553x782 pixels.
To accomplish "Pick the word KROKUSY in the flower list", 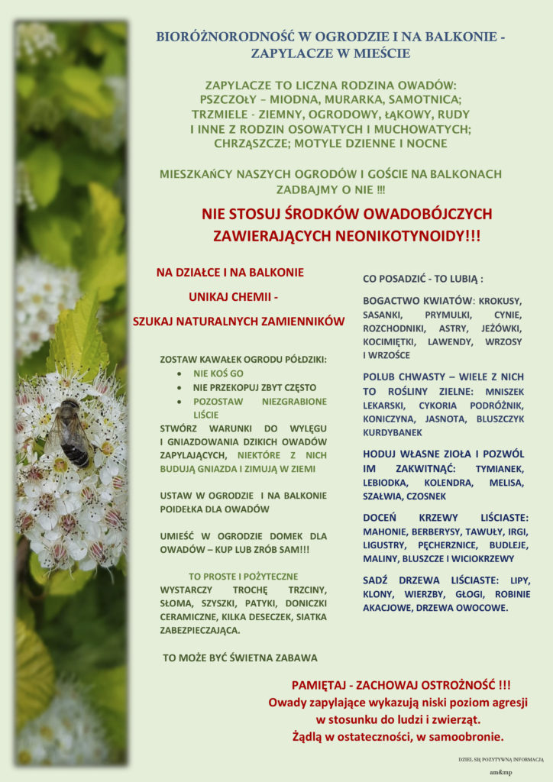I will tap(500, 300).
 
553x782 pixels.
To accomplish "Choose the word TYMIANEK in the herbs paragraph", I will tap(500, 467).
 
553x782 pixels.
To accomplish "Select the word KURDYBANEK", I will tap(394, 431).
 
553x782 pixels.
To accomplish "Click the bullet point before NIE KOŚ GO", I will tap(179, 373).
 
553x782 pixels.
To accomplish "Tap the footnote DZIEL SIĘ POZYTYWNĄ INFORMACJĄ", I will tap(501, 759).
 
